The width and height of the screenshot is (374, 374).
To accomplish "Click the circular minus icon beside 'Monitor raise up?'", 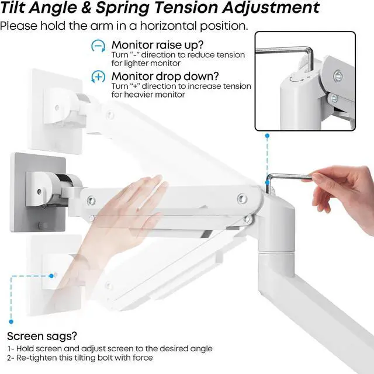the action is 98,46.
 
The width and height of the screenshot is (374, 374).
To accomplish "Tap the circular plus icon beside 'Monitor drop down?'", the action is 98,77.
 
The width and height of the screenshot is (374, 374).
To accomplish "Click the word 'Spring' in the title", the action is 122,8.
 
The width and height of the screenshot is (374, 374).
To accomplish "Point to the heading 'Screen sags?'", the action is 42,337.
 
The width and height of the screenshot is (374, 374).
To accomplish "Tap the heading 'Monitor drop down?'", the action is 165,77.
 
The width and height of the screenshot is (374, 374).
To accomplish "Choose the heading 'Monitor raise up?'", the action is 157,45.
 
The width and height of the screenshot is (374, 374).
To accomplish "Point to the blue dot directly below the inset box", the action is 268,136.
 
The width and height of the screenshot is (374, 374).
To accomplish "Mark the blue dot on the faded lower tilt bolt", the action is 51,276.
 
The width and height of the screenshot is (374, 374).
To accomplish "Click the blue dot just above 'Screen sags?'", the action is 11,322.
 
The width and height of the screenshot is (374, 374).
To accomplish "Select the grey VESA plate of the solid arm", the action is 38,192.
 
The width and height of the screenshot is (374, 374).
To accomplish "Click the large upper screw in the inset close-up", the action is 338,77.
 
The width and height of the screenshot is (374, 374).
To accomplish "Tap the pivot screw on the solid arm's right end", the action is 243,199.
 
